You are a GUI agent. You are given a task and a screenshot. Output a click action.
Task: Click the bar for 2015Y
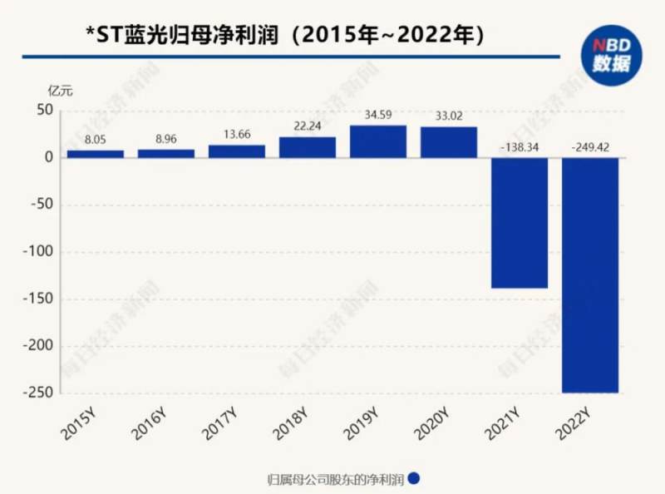[96, 154]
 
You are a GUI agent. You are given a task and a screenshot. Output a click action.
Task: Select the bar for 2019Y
[378, 141]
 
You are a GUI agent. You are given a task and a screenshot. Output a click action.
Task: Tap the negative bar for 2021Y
[520, 223]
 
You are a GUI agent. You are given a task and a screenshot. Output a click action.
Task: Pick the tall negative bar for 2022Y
[590, 274]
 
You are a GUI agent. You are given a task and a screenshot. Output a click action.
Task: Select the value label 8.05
[96, 142]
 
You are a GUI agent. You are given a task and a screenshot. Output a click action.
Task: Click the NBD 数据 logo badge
[611, 54]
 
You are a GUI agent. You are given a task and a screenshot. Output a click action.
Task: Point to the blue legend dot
[413, 478]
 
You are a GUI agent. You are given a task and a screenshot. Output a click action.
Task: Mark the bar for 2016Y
[166, 153]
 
